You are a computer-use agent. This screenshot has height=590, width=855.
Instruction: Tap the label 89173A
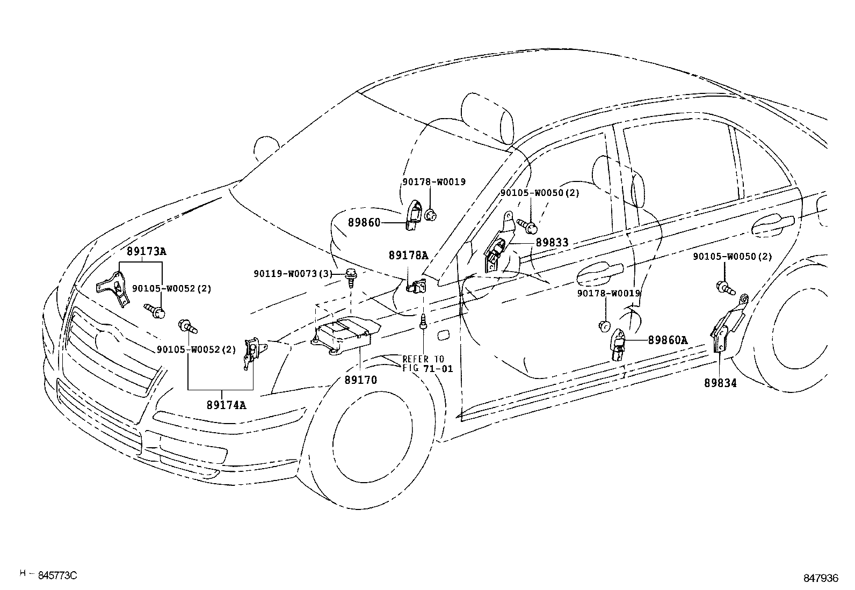click(x=146, y=251)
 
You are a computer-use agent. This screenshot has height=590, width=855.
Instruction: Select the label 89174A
click(x=226, y=405)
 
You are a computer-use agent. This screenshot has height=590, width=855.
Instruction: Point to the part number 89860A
click(x=668, y=340)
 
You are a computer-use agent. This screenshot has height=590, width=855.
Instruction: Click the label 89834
click(x=720, y=383)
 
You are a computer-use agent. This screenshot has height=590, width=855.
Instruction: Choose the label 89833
click(x=552, y=243)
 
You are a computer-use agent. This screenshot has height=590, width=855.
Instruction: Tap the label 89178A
click(x=408, y=256)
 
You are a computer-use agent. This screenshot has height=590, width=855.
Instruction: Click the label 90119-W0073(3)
click(x=293, y=274)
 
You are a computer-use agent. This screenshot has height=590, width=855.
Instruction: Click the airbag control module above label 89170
click(x=344, y=334)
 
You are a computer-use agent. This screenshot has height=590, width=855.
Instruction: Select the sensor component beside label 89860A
click(x=619, y=344)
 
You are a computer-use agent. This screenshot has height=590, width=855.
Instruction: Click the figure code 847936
click(x=821, y=578)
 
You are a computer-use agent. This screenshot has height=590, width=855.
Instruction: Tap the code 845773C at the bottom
click(x=57, y=575)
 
